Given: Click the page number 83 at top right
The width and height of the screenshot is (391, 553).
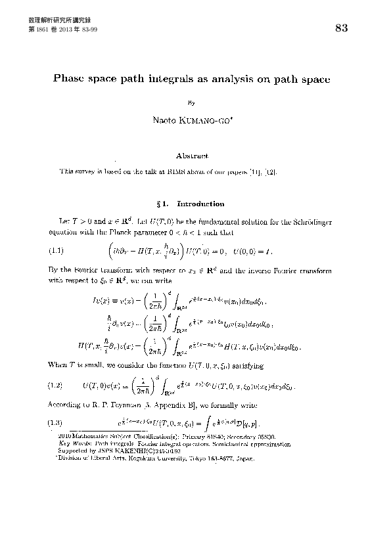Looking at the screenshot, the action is click(341, 28).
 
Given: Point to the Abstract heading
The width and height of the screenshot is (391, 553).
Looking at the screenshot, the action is click(192, 156).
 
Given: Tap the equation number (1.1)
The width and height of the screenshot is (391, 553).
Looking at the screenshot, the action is click(57, 250).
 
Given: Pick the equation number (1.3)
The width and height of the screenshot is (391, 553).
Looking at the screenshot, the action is click(57, 421).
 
